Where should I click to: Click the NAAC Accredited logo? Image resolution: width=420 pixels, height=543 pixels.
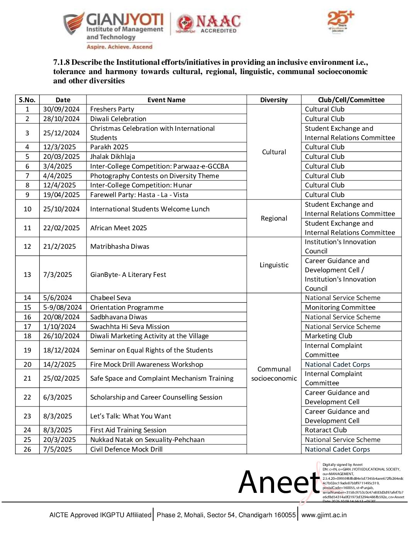[x=208, y=24]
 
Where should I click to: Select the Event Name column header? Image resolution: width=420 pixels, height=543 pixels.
[x=166, y=100]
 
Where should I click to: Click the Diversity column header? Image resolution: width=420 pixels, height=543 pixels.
[x=274, y=100]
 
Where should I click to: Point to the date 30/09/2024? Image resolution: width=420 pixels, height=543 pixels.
[x=61, y=109]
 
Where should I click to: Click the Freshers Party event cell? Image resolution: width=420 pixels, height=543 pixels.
[x=112, y=109]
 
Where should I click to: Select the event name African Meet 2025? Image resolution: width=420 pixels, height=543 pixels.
[x=119, y=228]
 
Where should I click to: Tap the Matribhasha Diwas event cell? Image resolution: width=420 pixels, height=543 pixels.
[x=120, y=246]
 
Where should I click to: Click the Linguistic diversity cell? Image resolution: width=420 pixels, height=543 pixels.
[x=274, y=265]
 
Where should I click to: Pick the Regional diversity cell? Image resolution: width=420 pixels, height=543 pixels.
[x=274, y=218]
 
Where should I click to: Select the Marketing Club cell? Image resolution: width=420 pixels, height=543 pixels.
[x=329, y=336]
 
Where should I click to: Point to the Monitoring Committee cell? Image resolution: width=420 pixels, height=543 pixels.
[x=340, y=307]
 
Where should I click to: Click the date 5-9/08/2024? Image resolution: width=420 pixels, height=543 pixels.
[x=63, y=307]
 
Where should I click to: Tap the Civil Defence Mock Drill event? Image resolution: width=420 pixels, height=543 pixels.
[x=126, y=449]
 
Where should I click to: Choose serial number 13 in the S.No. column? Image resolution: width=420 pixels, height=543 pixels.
[x=27, y=275]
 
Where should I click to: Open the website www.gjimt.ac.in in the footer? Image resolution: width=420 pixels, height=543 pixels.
[x=324, y=515]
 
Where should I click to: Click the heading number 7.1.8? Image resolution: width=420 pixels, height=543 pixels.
[x=61, y=62]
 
